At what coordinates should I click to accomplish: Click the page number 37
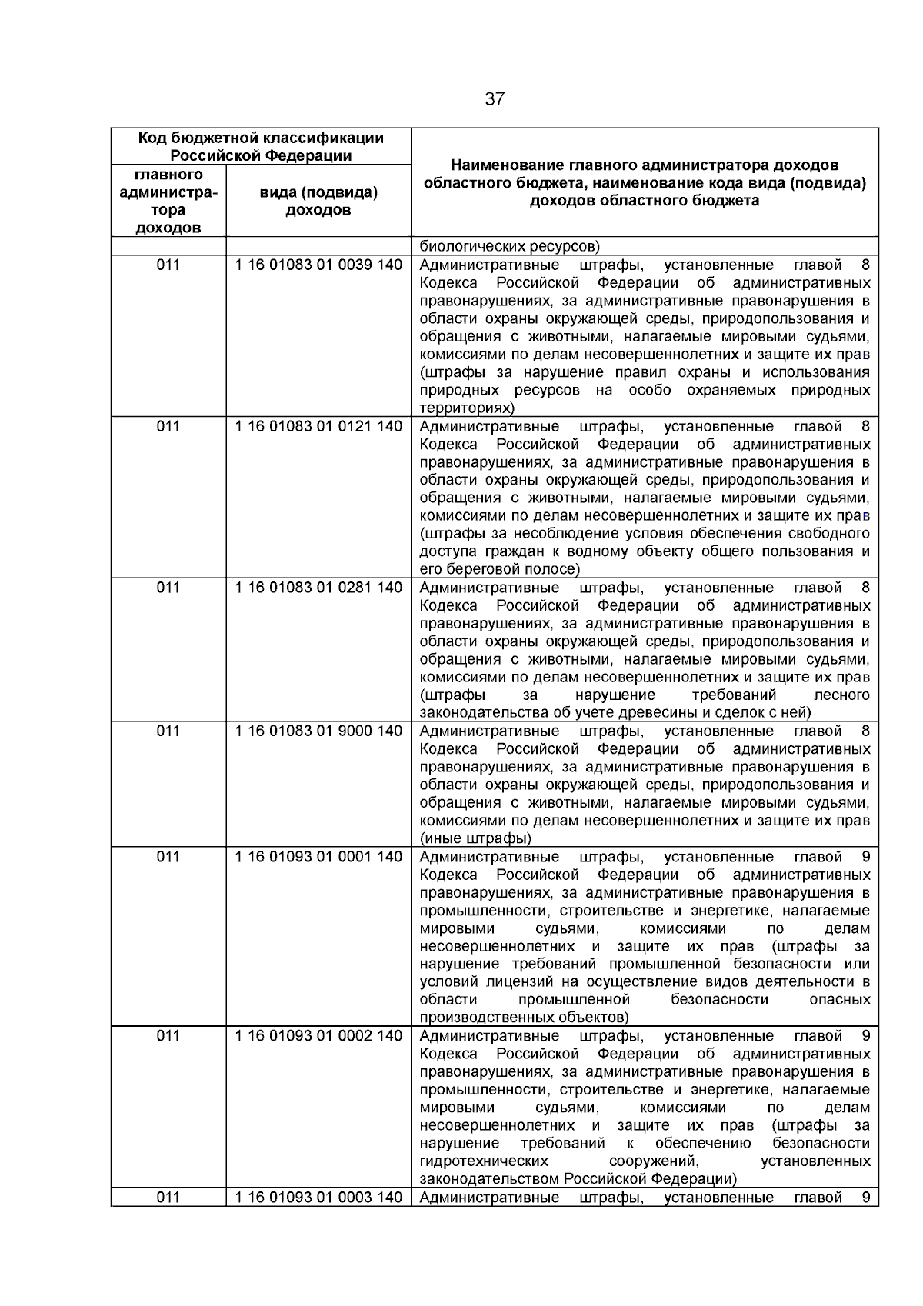(x=495, y=99)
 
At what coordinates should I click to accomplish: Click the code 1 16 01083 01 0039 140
(x=318, y=265)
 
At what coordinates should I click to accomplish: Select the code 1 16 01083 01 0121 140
(x=318, y=426)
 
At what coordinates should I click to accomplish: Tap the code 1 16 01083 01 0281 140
(x=318, y=588)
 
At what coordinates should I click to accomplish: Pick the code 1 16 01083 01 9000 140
(x=318, y=731)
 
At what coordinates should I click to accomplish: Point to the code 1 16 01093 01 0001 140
(x=318, y=857)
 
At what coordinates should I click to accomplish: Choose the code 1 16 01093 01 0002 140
(x=318, y=1036)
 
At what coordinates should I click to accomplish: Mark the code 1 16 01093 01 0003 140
(x=318, y=1198)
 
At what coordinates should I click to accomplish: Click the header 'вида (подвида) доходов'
(x=318, y=201)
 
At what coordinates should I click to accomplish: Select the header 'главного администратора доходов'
(x=168, y=201)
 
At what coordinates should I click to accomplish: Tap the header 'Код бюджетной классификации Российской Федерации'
(x=261, y=146)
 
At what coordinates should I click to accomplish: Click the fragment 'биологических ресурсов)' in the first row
(x=509, y=247)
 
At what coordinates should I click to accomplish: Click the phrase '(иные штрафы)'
(x=475, y=838)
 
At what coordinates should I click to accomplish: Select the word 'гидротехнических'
(x=485, y=1161)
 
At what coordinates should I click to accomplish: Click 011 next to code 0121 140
(x=168, y=426)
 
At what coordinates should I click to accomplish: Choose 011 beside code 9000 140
(x=168, y=731)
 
